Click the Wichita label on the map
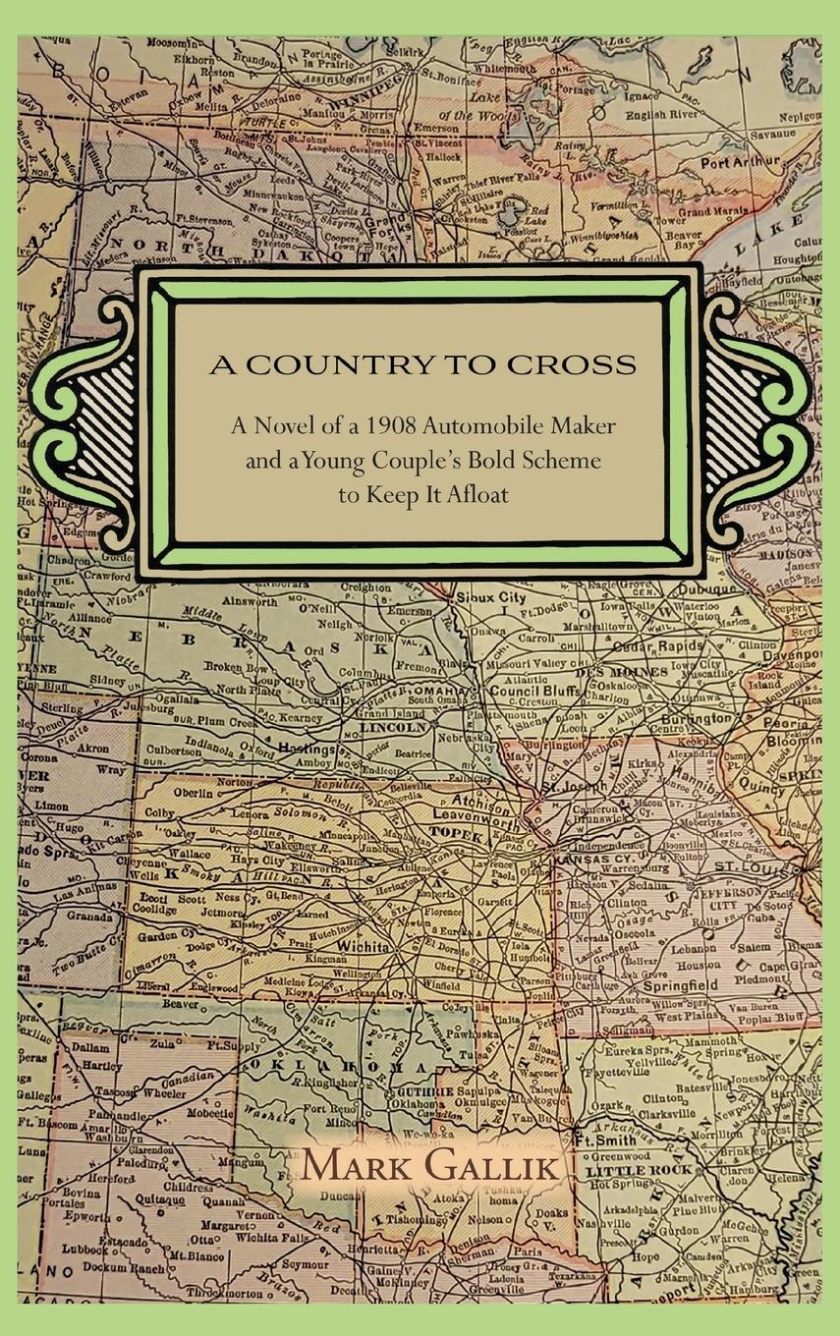(x=364, y=947)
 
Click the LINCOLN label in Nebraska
(x=393, y=728)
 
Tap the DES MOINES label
(x=608, y=672)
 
